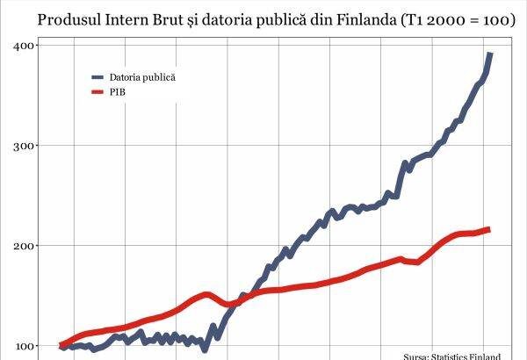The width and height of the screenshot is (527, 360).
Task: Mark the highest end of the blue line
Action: click(490, 54)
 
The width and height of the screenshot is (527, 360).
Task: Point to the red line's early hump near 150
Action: click(205, 295)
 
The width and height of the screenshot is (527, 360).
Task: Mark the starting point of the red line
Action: click(61, 345)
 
